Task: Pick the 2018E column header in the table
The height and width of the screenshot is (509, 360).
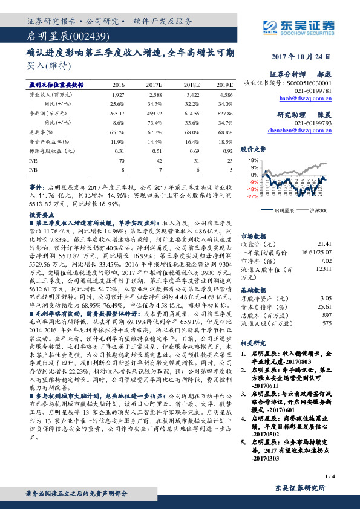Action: [x=191, y=85]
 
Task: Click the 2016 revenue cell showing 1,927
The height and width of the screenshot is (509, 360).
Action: [x=118, y=96]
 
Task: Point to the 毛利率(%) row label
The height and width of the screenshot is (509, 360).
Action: [x=41, y=131]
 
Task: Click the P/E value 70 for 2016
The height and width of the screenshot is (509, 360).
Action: [x=122, y=160]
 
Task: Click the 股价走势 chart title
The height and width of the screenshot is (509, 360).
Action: [x=253, y=148]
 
